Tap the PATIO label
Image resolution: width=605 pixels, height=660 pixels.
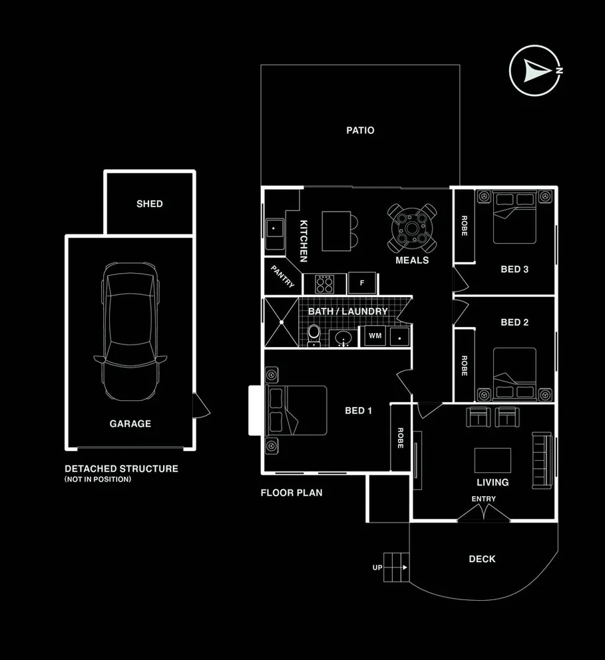(360, 131)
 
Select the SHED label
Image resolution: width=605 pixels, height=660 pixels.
(149, 204)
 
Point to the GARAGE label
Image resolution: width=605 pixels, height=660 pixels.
(130, 424)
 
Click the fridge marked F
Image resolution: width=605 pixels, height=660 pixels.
(362, 283)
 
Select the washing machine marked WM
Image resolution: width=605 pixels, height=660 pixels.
(375, 336)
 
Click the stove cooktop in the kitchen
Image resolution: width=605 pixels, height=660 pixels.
(324, 284)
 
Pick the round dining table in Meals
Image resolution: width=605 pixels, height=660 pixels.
(413, 227)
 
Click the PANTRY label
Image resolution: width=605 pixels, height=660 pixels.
(283, 275)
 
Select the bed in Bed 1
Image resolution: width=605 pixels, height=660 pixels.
(297, 410)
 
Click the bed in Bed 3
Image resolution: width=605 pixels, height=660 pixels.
(514, 217)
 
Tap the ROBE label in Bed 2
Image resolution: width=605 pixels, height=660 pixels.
(465, 366)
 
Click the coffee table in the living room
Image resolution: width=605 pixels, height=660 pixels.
(493, 460)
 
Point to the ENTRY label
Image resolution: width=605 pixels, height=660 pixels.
(483, 499)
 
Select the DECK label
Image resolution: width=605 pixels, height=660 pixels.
(482, 559)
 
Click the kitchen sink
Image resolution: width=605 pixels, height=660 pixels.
(274, 229)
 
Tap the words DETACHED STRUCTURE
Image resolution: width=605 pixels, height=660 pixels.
(121, 468)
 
